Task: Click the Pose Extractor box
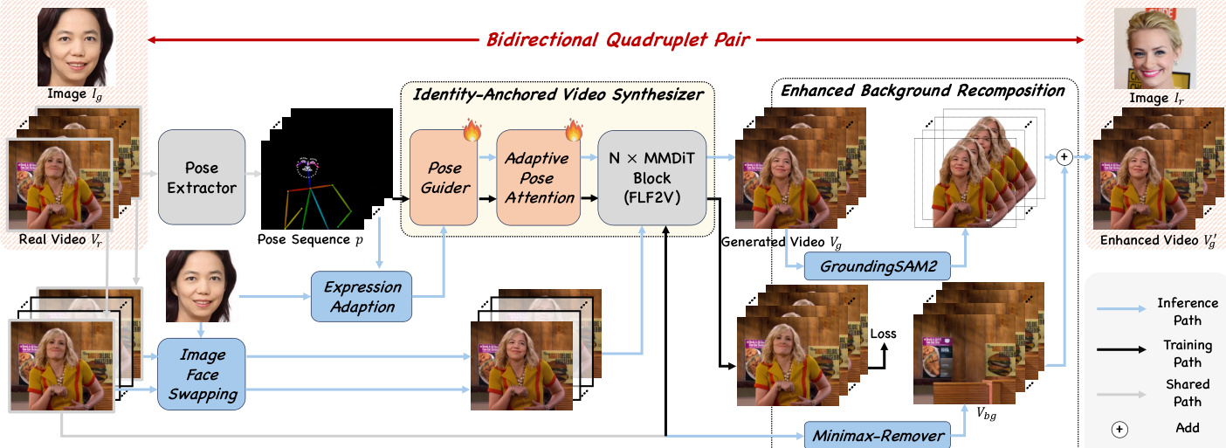[201, 176]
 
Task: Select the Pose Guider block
[444, 176]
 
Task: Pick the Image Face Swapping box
[203, 374]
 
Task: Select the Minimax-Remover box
[878, 434]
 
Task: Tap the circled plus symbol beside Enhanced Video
[1064, 157]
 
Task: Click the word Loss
[883, 333]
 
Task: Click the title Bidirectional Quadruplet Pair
[616, 39]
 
